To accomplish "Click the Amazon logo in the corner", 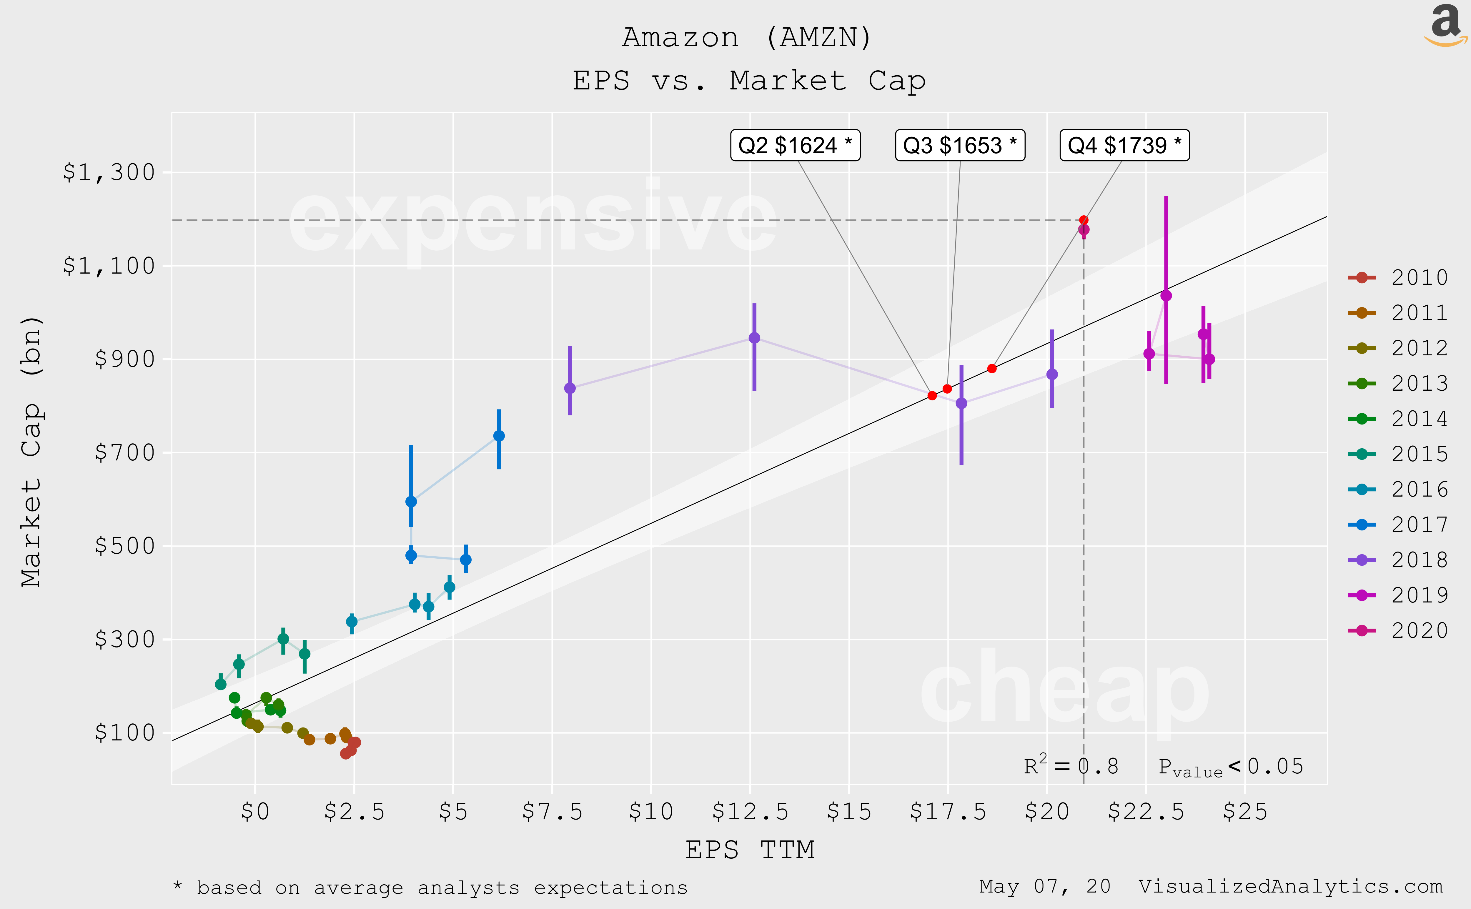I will (x=1446, y=25).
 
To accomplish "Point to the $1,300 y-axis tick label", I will (x=109, y=173).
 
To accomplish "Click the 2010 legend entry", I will (x=1398, y=277).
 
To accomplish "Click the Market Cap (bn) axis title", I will (x=31, y=451).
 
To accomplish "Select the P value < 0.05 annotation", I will (x=1231, y=767).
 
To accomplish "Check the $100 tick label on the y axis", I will (x=124, y=733).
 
